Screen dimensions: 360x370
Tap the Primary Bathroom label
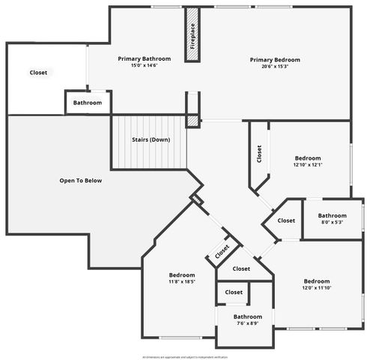(144, 58)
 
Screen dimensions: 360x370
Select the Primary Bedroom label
(275, 60)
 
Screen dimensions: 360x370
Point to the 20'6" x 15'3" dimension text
(275, 67)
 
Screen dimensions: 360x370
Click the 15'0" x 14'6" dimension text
(144, 65)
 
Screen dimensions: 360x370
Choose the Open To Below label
(80, 181)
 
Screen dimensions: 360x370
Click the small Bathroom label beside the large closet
(88, 102)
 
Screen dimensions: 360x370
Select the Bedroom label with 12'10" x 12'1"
(307, 158)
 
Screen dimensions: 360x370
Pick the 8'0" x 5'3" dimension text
(332, 222)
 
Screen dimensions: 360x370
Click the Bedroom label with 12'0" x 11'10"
(316, 281)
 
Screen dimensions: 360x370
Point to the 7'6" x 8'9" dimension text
(247, 324)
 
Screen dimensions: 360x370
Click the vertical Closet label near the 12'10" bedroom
(259, 154)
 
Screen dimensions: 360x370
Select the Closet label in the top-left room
(38, 73)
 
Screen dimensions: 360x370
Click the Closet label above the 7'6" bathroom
(234, 292)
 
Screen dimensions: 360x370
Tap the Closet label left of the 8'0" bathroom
(286, 220)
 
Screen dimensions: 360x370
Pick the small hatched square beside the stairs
(192, 120)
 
